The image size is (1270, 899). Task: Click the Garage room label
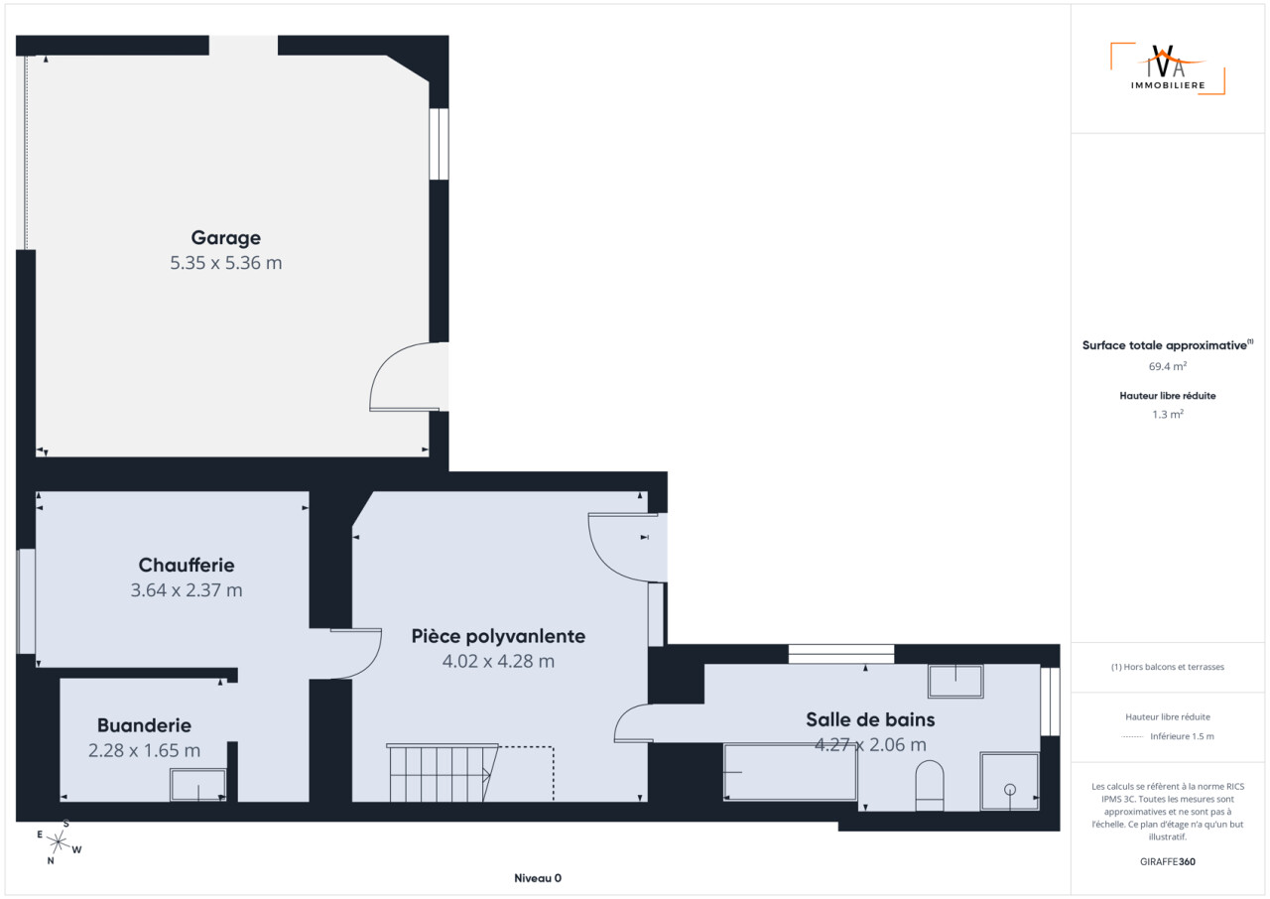point(225,238)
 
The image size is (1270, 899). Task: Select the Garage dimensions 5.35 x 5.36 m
point(225,263)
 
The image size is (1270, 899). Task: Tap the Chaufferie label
point(187,566)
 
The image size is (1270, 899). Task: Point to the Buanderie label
point(144,725)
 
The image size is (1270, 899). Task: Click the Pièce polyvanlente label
point(498,637)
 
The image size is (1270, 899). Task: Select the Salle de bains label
point(870,719)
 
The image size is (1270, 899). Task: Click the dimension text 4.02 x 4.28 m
point(498,662)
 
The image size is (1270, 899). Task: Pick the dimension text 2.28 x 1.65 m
point(144,750)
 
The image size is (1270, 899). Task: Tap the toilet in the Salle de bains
point(930,786)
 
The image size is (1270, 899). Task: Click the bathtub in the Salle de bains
point(791,772)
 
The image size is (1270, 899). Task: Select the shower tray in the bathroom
point(1009,781)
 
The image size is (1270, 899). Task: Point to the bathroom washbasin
point(955,681)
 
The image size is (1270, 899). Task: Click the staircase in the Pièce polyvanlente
point(443,773)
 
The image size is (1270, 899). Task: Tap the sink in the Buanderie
point(197,785)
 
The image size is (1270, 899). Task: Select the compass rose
point(59,842)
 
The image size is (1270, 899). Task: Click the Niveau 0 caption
point(538,878)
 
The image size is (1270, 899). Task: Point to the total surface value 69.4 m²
point(1168,366)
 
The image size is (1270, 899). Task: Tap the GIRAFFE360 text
point(1168,861)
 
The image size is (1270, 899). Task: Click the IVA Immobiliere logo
point(1168,68)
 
